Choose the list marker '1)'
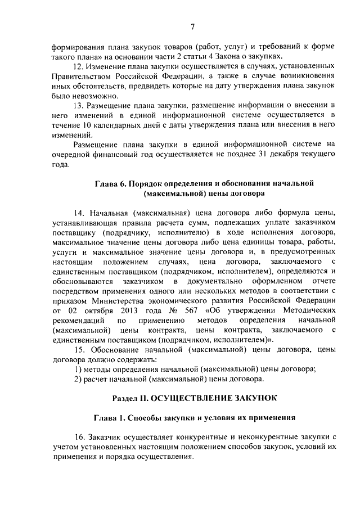[78, 369]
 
